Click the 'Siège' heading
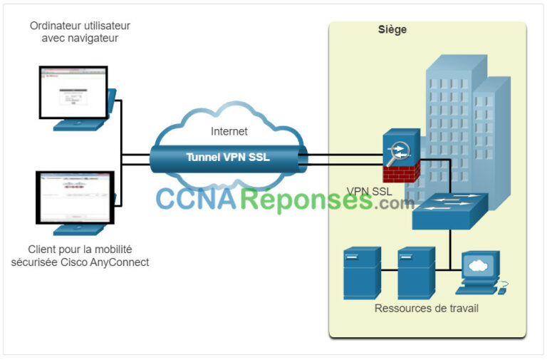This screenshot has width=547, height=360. (392, 30)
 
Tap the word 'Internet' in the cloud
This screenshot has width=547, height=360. (229, 131)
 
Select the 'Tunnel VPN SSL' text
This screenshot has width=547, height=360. (228, 158)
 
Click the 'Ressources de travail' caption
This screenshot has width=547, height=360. (426, 309)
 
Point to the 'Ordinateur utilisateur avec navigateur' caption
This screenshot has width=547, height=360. (80, 32)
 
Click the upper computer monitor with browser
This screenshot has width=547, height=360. (73, 93)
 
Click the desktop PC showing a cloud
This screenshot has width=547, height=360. (477, 271)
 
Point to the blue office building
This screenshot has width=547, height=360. (463, 114)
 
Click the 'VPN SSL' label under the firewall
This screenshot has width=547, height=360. (368, 191)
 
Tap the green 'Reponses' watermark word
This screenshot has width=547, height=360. (306, 200)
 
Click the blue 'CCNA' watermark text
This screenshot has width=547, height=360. (197, 200)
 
